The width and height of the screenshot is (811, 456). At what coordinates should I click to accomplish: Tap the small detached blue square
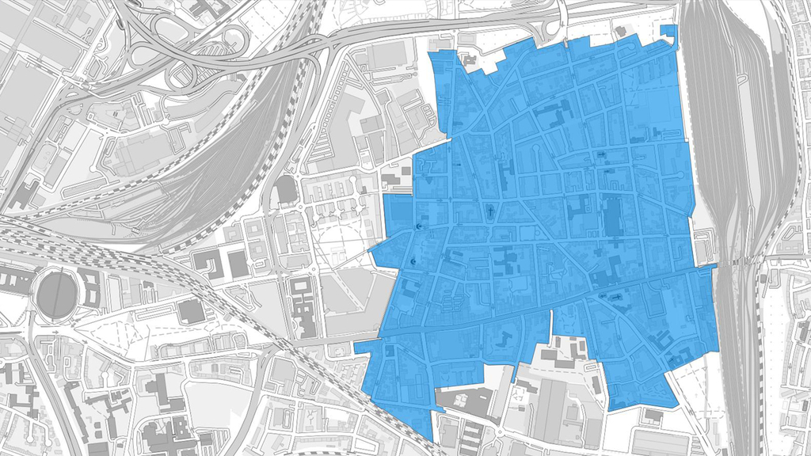(669, 31)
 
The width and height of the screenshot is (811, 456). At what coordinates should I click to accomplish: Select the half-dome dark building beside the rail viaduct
(285, 190)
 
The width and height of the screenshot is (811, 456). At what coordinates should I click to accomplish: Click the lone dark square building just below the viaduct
(191, 310)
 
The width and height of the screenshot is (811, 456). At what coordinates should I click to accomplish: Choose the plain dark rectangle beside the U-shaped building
(237, 264)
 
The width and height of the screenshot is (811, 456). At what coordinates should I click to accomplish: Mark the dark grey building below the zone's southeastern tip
(653, 415)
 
